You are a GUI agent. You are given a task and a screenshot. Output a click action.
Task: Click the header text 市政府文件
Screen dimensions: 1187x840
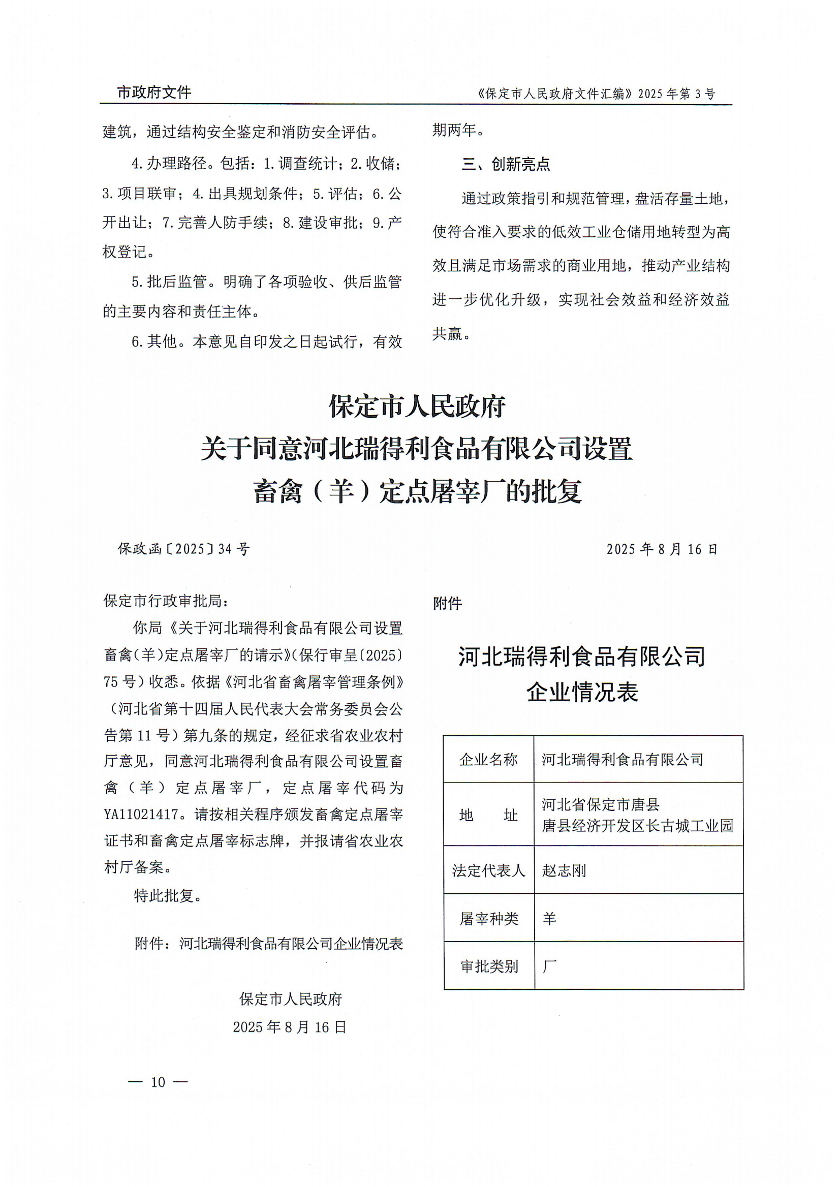(154, 92)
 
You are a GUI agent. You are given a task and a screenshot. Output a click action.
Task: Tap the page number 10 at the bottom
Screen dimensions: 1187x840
(158, 1082)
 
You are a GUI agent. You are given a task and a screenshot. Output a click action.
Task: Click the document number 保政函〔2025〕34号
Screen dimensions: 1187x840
(183, 549)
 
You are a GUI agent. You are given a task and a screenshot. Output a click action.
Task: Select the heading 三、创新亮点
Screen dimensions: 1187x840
(505, 164)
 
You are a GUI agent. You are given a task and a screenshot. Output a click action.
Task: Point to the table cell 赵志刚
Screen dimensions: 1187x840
(564, 870)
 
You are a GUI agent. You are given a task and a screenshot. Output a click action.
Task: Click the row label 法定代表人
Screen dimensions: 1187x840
(488, 870)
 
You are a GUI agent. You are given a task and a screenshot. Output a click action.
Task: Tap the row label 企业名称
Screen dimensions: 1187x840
(488, 759)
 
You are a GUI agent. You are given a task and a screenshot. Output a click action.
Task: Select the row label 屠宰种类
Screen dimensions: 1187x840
(488, 919)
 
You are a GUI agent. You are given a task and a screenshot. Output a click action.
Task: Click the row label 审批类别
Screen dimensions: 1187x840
(488, 966)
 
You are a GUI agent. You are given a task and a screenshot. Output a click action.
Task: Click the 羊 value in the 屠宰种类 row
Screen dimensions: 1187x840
(549, 919)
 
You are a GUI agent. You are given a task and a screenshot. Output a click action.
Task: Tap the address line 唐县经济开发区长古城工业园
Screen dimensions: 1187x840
(637, 826)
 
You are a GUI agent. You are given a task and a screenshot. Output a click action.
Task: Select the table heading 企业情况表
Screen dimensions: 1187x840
(582, 692)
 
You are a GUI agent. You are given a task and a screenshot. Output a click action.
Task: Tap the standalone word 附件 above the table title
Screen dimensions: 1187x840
(447, 603)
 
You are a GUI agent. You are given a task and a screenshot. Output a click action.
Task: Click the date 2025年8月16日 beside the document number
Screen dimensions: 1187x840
(662, 549)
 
